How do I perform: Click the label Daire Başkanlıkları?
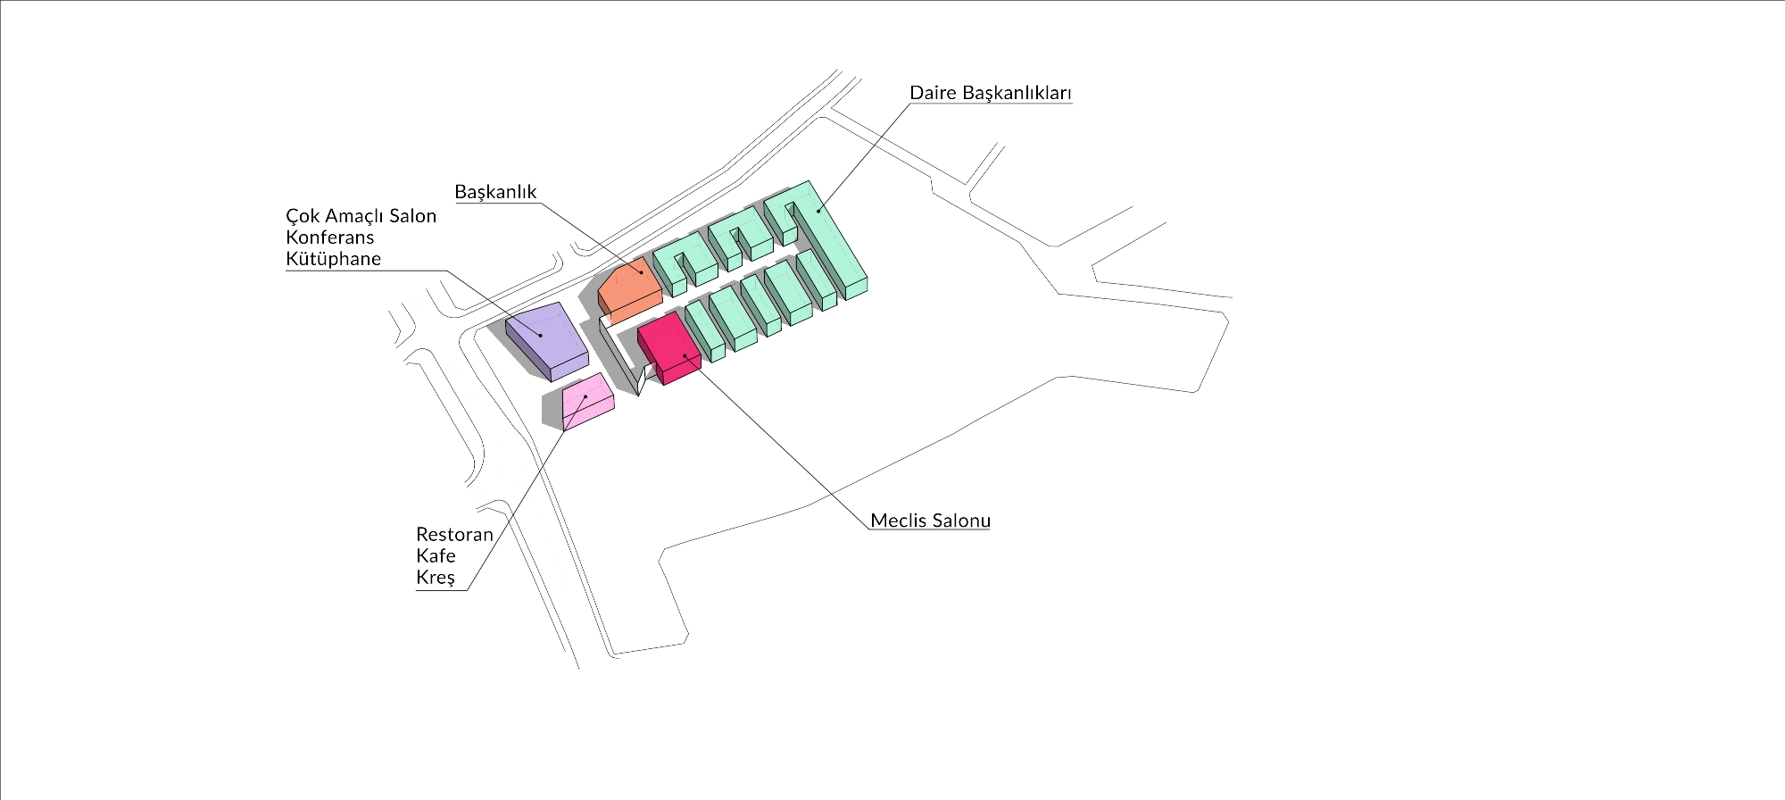point(990,93)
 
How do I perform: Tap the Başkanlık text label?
point(495,192)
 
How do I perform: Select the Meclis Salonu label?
point(930,521)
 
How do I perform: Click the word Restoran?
point(454,535)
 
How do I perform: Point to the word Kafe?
point(436,556)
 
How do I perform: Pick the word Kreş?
point(436,578)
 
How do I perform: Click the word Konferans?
point(329,237)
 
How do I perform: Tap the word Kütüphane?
point(333,259)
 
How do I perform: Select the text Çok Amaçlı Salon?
point(361,216)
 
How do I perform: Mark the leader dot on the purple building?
point(540,336)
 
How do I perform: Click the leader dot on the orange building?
point(641,271)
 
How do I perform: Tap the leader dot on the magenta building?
point(685,355)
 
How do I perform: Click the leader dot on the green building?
point(819,211)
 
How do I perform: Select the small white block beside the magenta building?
point(641,381)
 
